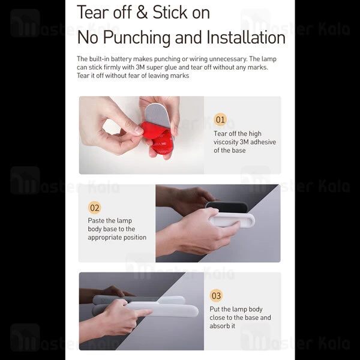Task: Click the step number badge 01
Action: tap(220, 119)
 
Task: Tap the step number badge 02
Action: tap(94, 208)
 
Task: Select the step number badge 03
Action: tap(216, 295)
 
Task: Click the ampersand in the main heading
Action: tap(142, 13)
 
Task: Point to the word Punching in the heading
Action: tap(137, 38)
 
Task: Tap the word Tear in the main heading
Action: tap(93, 13)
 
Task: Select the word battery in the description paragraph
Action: tap(121, 59)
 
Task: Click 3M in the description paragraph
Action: tap(140, 67)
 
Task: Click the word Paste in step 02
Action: tap(96, 220)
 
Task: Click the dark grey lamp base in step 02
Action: tap(226, 207)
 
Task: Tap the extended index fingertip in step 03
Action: tap(148, 312)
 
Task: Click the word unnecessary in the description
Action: tap(228, 59)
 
